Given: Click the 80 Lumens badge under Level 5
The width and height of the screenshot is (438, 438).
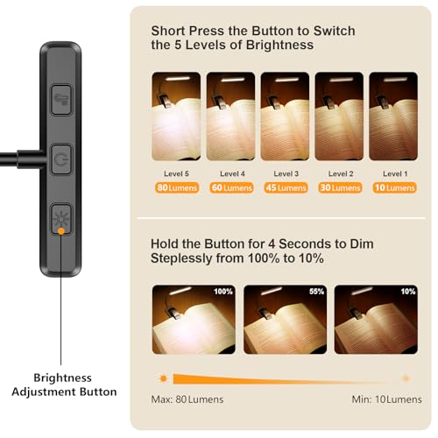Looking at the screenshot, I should click(175, 187).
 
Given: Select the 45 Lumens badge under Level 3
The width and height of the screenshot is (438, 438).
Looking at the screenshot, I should click(284, 187).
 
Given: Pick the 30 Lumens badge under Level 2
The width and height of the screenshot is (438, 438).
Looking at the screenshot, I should click(338, 187).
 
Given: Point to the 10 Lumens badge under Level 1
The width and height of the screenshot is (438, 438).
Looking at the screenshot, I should click(392, 187).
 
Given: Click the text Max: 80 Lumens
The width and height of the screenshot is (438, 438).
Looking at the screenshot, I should click(187, 399).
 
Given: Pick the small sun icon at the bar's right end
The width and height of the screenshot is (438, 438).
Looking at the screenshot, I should click(406, 378).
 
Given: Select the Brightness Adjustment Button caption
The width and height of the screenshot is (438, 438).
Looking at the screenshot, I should click(62, 383).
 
